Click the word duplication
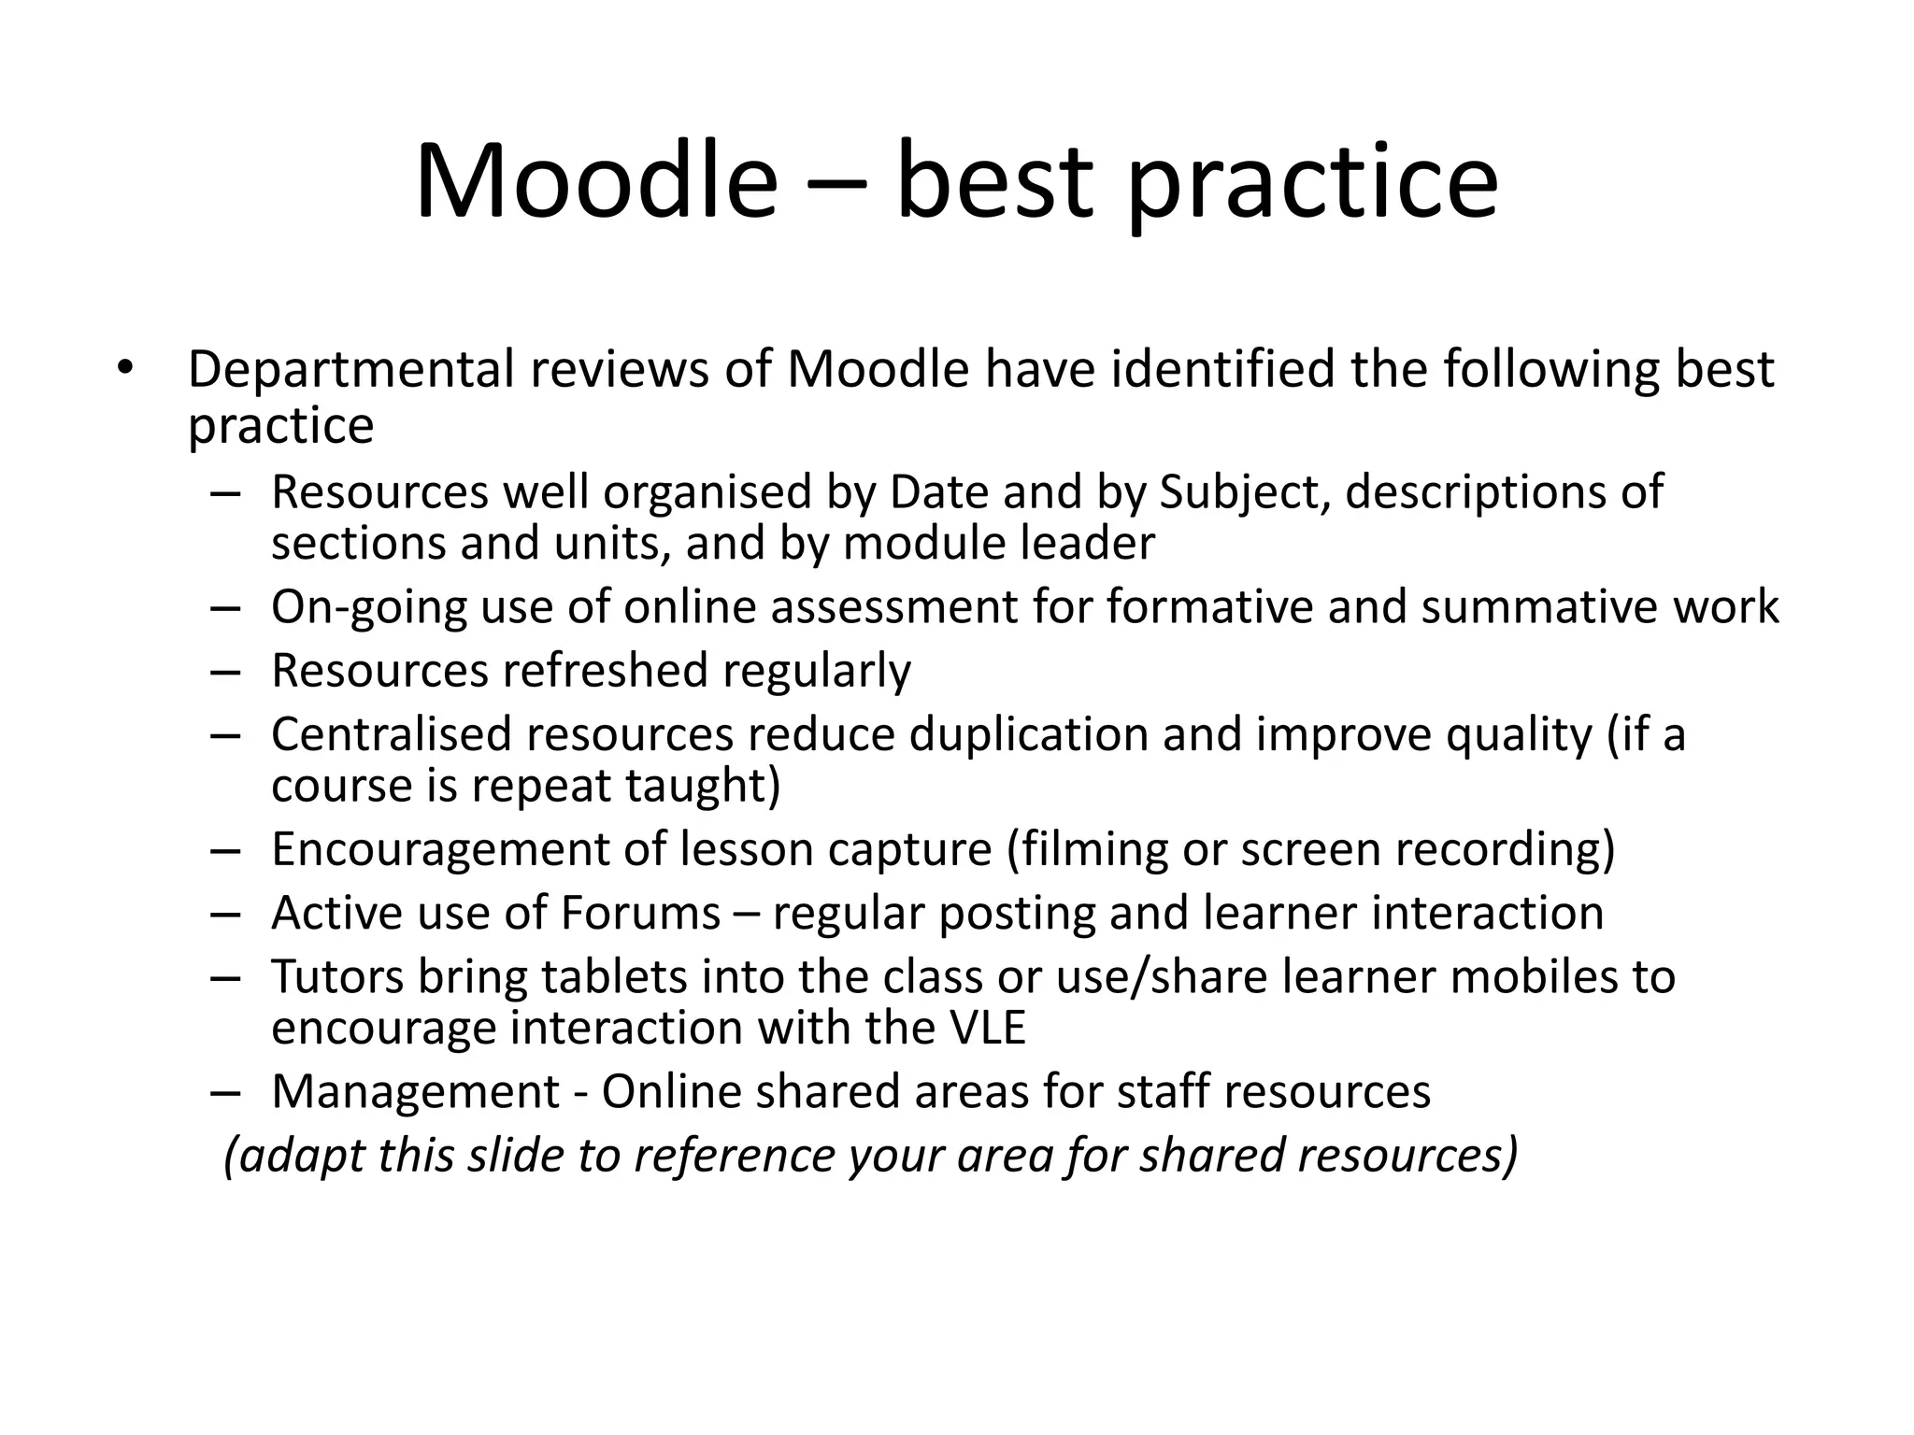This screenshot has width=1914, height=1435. coord(1027,734)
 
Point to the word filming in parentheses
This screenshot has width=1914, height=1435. coord(1083,850)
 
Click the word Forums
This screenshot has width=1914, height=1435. coord(640,913)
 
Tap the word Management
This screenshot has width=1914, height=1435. coord(415,1091)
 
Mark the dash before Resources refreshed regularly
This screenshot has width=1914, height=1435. coord(226,672)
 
